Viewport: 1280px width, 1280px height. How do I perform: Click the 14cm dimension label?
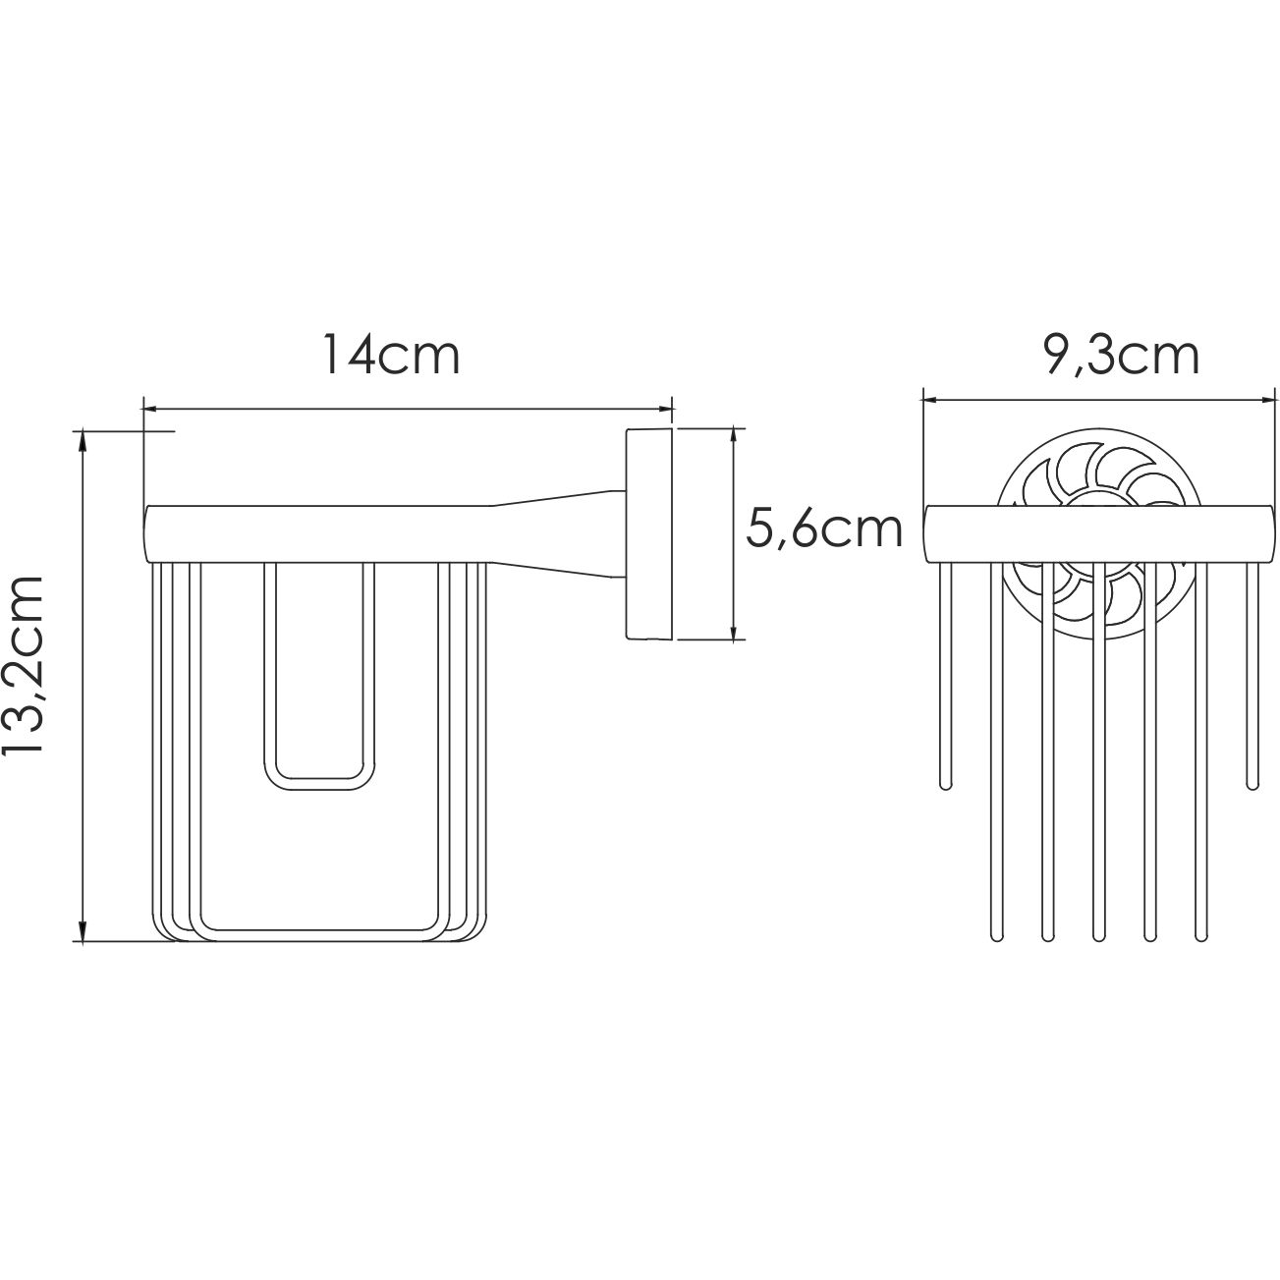pos(391,357)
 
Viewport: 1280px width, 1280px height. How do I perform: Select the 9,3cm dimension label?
pos(1121,357)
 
